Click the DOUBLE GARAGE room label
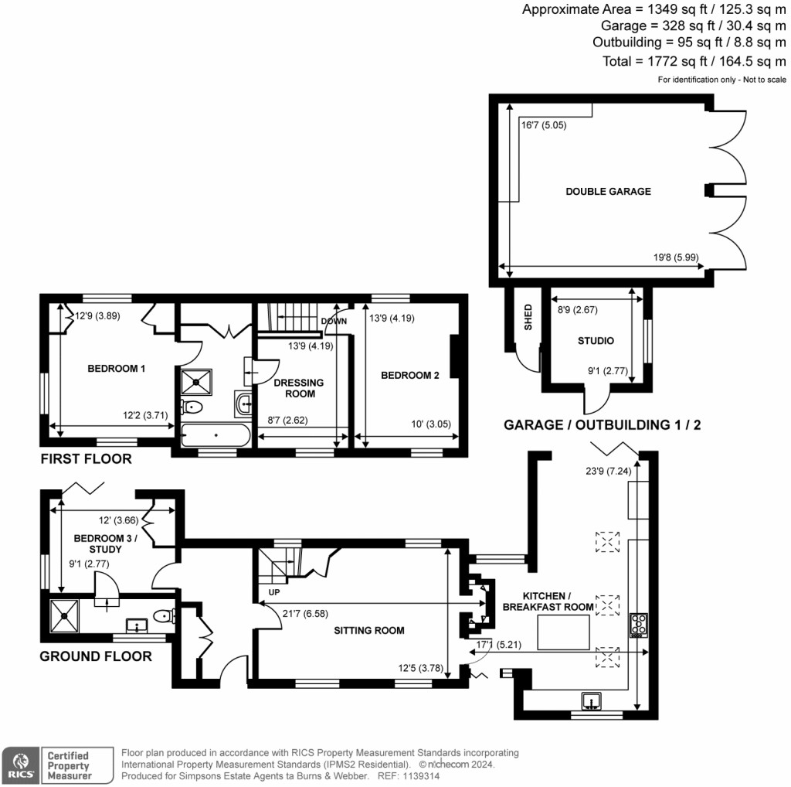pyautogui.click(x=608, y=192)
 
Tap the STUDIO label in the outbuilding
pyautogui.click(x=596, y=341)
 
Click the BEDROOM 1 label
pyautogui.click(x=116, y=369)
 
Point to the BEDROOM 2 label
pyautogui.click(x=409, y=376)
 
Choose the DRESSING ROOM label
pyautogui.click(x=300, y=388)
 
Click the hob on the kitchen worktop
pyautogui.click(x=640, y=624)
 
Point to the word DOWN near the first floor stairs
pyautogui.click(x=334, y=321)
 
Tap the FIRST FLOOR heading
pyautogui.click(x=86, y=459)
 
